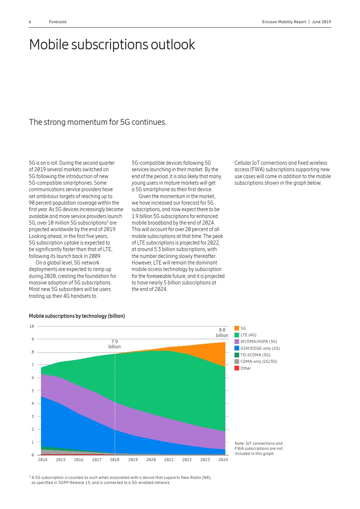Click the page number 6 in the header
(30, 22)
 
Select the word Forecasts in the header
(58, 22)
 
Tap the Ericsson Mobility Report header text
(284, 22)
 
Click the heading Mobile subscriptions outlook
(112, 45)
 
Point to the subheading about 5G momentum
(98, 122)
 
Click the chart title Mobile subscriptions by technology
(77, 316)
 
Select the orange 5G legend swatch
(237, 328)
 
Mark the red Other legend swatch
(237, 368)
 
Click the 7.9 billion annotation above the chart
(115, 344)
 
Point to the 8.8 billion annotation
(222, 333)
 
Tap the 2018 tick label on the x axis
(115, 460)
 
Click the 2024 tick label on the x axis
(223, 460)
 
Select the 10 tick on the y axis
(32, 327)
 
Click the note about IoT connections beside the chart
(258, 448)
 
